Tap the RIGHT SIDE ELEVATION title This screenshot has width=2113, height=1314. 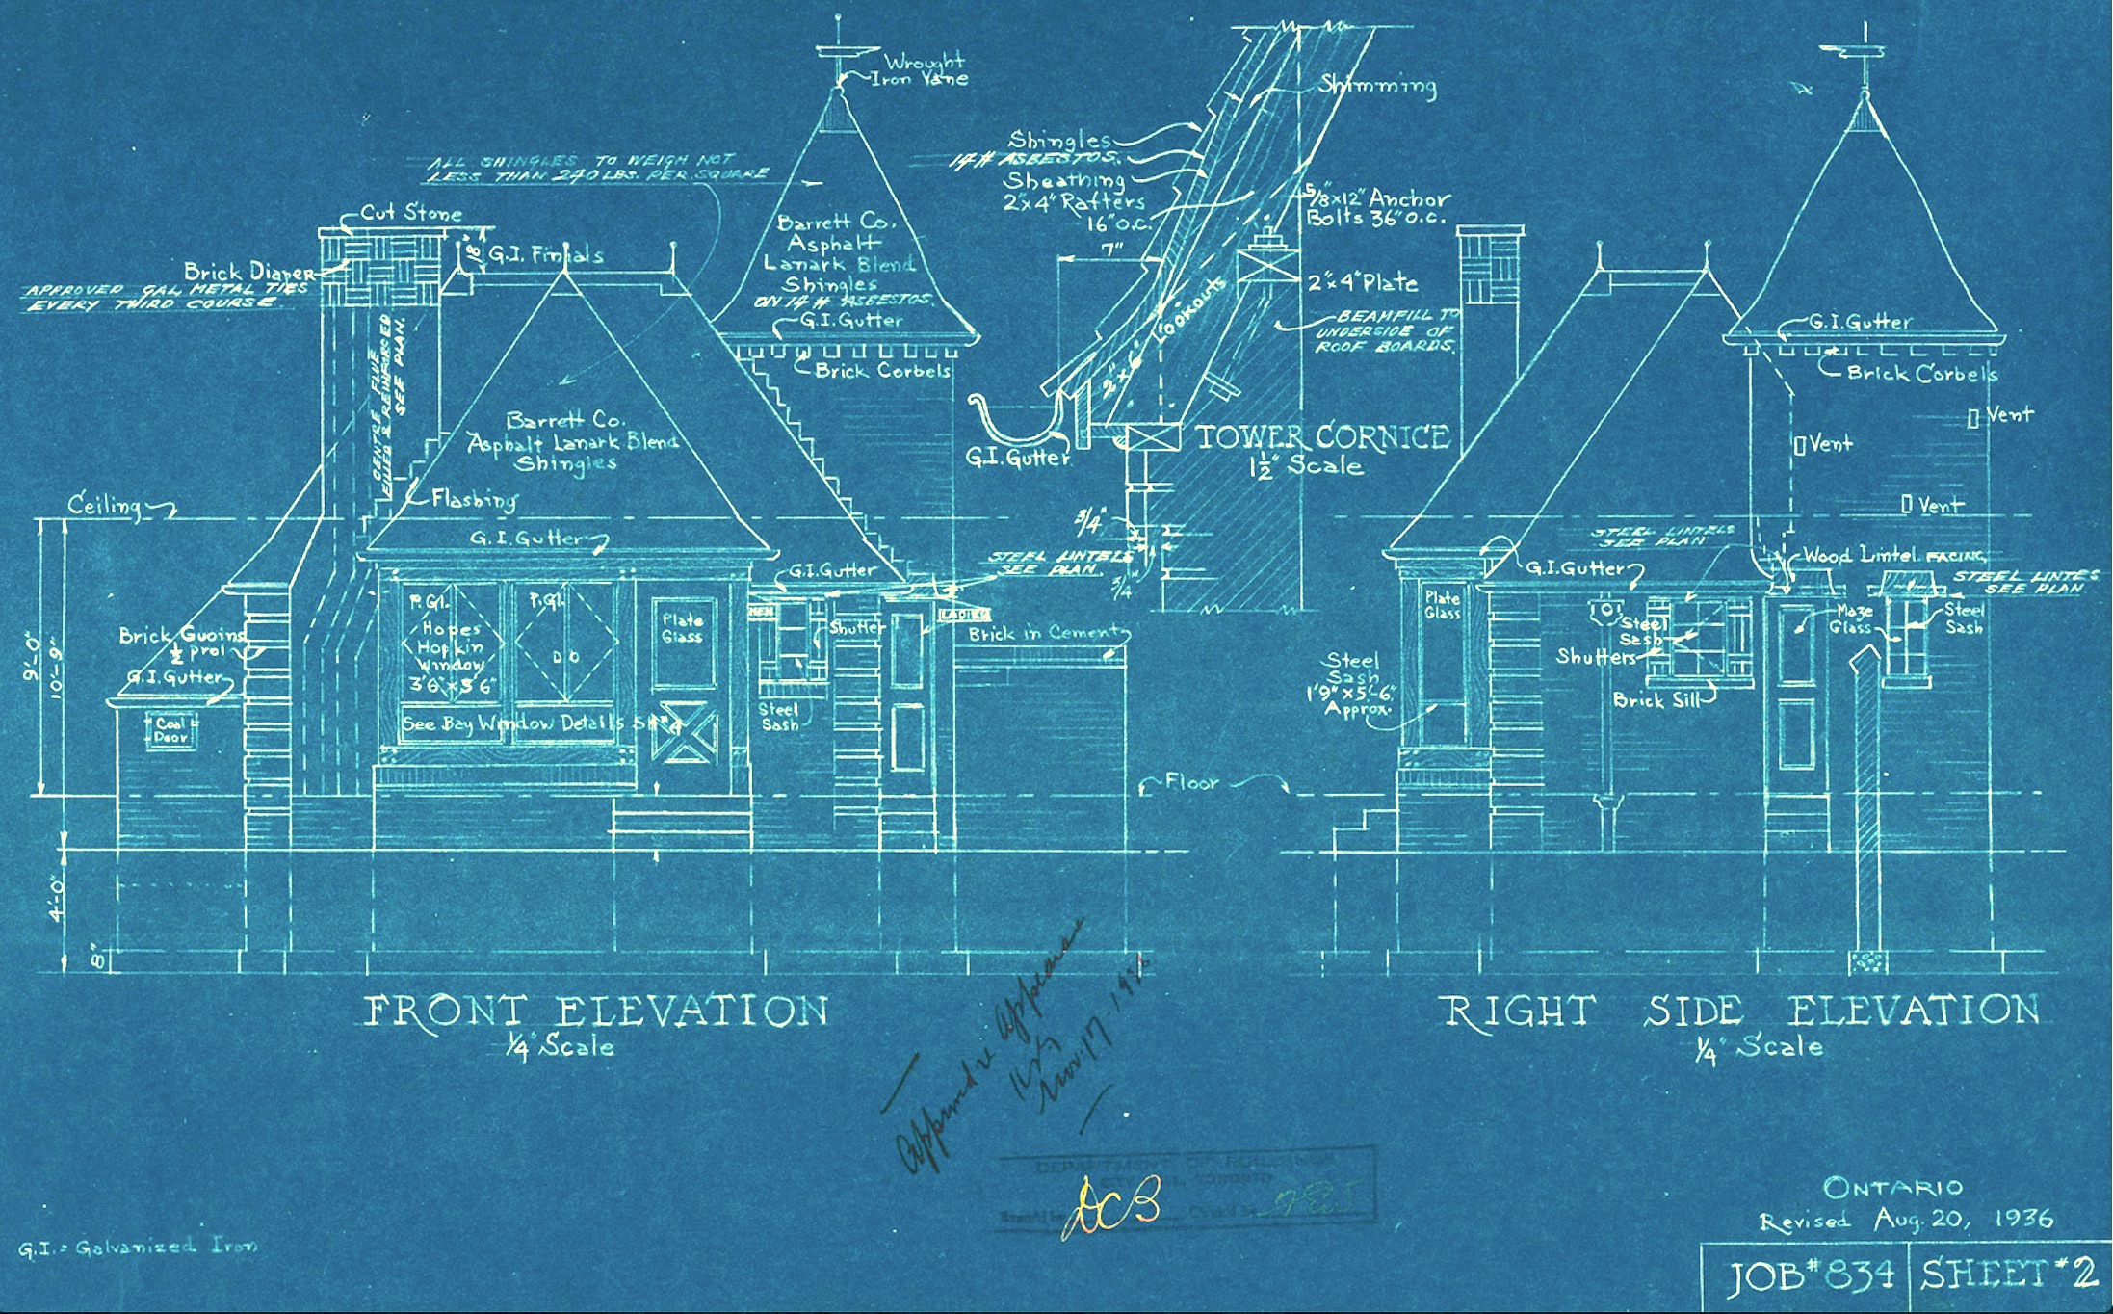point(1739,1012)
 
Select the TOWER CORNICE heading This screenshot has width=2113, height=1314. point(1322,437)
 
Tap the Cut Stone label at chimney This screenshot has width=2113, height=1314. point(411,213)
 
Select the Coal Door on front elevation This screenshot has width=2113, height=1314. point(171,730)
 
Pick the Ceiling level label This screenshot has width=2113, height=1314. point(104,505)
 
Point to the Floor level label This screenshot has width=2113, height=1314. point(1192,782)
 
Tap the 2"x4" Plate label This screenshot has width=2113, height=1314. point(1362,283)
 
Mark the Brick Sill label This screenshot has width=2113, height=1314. point(1651,700)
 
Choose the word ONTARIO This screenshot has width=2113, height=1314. point(1891,1187)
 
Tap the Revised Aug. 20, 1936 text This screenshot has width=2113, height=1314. point(1905,1221)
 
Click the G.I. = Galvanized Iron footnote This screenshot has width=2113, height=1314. point(138,1248)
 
